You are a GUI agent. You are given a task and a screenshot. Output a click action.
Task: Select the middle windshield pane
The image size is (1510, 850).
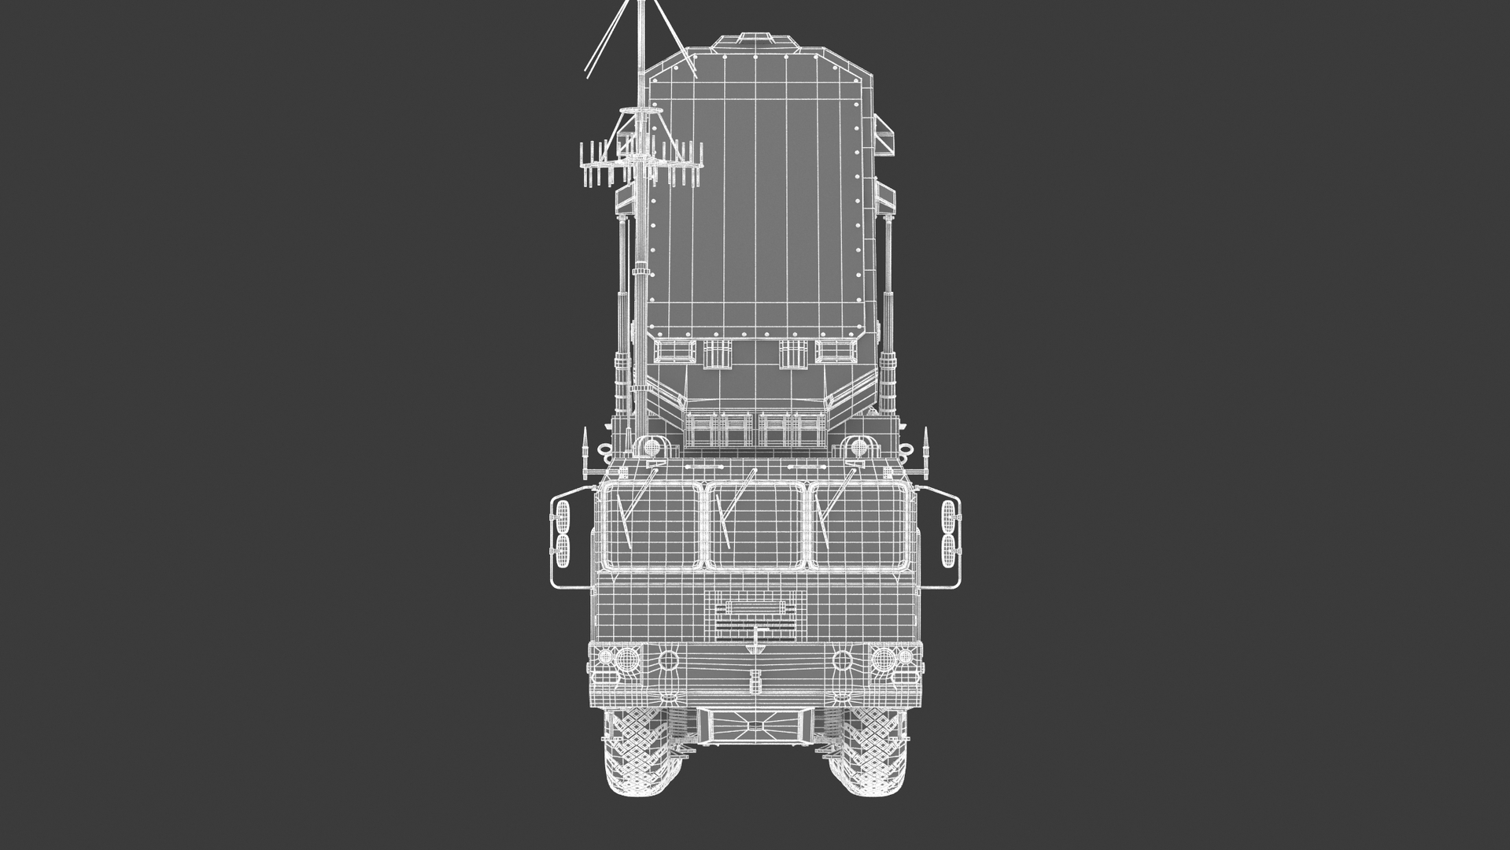(755, 526)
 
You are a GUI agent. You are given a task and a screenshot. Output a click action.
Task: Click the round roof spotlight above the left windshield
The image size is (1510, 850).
(652, 448)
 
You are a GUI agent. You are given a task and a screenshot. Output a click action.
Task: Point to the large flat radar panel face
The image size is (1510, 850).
(755, 205)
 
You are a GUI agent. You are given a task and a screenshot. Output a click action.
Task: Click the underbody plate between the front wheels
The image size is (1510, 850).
(755, 723)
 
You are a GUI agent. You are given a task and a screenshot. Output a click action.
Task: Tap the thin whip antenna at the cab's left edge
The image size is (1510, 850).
(585, 453)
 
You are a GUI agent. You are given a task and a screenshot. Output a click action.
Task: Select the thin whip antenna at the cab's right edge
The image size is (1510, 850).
(926, 453)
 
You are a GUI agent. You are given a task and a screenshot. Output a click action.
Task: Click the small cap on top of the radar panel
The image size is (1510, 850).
(755, 39)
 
